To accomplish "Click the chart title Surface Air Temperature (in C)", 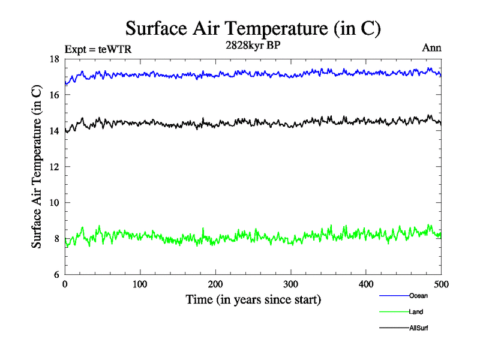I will (253, 28).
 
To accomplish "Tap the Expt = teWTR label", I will (97, 50).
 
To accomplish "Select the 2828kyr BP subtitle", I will (253, 46).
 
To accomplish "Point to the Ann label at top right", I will (432, 48).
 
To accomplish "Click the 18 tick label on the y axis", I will (54, 59).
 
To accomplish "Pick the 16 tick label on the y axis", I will (54, 95).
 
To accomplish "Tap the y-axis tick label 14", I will (54, 131).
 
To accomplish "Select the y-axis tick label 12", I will (54, 167).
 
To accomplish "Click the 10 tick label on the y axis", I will (54, 203).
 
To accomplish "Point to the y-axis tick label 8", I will (56, 239).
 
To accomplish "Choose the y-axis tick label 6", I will (56, 275).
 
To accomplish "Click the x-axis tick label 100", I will (140, 284).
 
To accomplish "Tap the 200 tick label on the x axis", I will (215, 284).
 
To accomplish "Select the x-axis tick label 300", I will (291, 284).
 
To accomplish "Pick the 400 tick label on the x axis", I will (366, 284).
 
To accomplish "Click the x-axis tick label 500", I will (441, 284).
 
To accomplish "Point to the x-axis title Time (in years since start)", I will (253, 299).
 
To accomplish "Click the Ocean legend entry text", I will (418, 295).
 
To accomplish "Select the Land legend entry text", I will (416, 312).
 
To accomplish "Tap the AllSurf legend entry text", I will (419, 328).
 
